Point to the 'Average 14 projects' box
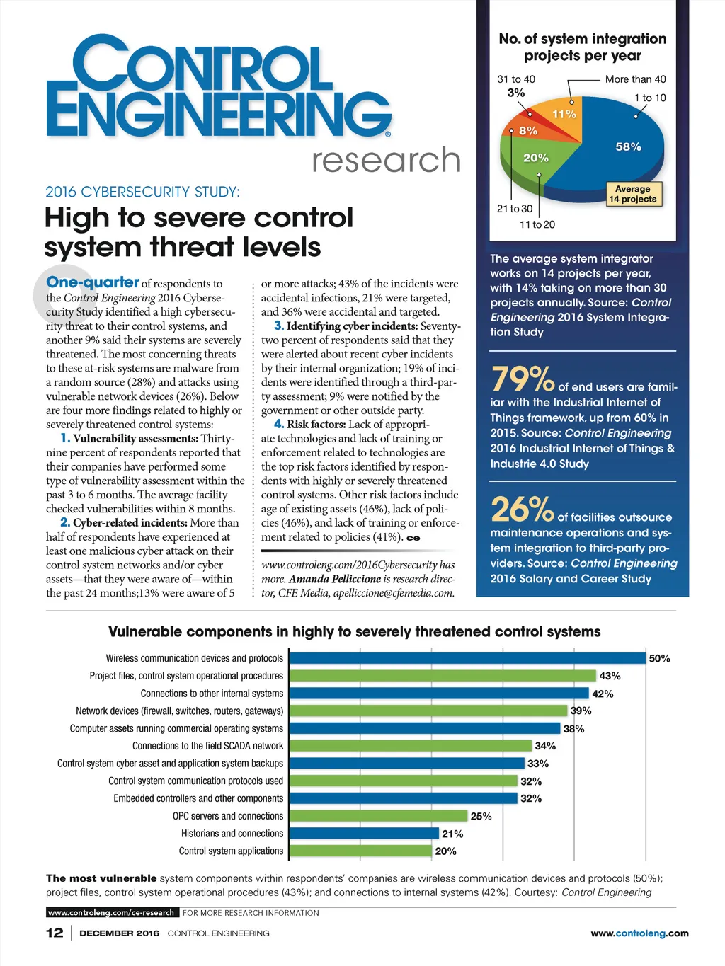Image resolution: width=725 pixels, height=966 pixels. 633,194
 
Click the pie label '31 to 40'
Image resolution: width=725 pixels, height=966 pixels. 516,79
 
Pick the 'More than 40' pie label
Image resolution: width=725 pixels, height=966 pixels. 635,79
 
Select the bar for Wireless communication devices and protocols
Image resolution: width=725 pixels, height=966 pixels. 467,658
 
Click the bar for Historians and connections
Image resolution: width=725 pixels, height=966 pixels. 364,834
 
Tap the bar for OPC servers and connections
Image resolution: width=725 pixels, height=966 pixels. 378,816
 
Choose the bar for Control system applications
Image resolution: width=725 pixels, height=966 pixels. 360,851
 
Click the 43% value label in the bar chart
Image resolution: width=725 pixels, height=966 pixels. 610,676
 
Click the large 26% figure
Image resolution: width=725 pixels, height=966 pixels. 522,510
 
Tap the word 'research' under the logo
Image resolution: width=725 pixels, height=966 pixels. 387,160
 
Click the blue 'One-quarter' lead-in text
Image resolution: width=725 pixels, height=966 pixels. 93,282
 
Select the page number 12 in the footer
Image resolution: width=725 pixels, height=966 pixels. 55,933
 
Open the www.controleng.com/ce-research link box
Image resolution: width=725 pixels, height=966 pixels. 111,912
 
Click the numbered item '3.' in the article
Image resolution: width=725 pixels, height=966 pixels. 279,326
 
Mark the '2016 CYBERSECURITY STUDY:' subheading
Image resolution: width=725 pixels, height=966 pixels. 142,192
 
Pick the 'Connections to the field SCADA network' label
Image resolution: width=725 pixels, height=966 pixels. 207,746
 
